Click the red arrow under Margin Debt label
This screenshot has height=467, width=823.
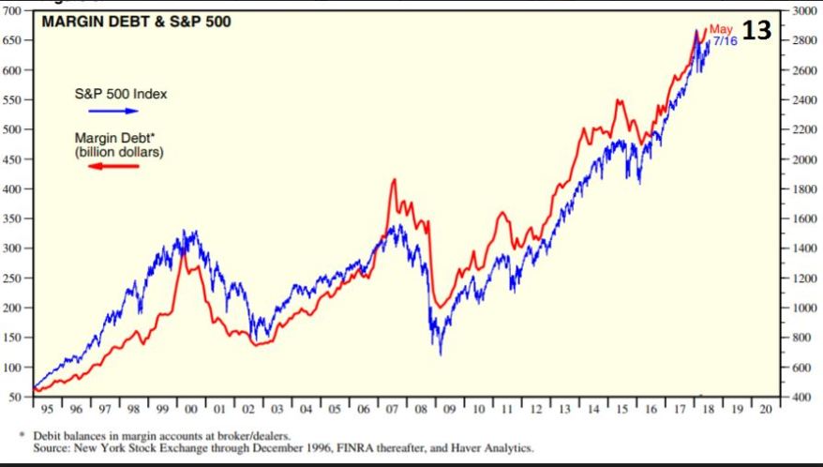[x=112, y=167]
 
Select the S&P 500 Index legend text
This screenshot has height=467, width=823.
[x=121, y=94]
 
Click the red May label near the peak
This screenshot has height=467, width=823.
[x=720, y=30]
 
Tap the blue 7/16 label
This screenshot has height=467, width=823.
[x=724, y=42]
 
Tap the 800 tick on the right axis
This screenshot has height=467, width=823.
[x=802, y=338]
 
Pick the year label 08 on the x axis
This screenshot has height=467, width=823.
[x=418, y=410]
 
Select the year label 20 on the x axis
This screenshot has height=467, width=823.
[x=766, y=410]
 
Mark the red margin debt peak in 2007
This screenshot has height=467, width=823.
[x=394, y=180]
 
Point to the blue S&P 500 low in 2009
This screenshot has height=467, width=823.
[x=441, y=353]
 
